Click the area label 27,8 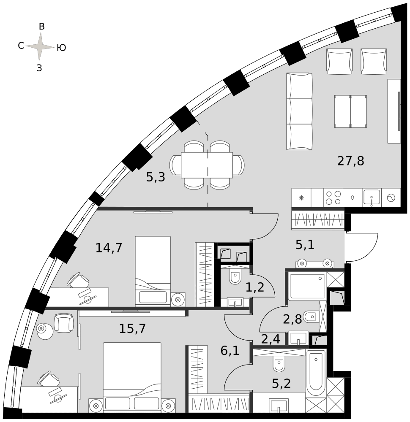(x=350, y=161)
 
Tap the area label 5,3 (x=156, y=177)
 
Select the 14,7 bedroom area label (x=109, y=248)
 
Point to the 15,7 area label (x=132, y=328)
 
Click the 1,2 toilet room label (x=255, y=287)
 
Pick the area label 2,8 (x=292, y=319)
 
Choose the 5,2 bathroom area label (x=282, y=383)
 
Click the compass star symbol (x=40, y=47)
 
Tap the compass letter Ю (x=61, y=48)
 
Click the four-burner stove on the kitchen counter (x=333, y=198)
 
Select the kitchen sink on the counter (x=372, y=197)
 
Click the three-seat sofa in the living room (x=300, y=111)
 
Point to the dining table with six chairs (x=207, y=165)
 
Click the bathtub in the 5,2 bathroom (x=316, y=373)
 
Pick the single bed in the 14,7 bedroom (x=153, y=271)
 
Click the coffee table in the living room (x=350, y=111)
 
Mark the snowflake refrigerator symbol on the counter (x=301, y=198)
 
